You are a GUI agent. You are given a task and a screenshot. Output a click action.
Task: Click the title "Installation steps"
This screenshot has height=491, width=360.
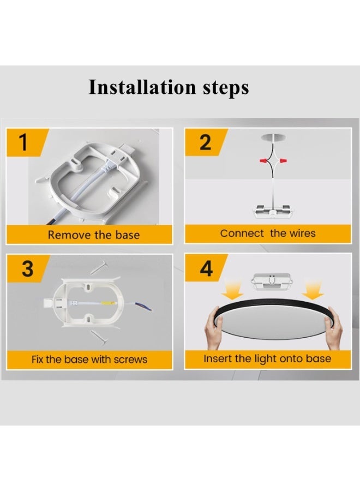[169, 87]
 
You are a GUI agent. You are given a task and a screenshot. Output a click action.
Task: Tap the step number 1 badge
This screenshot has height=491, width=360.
[23, 142]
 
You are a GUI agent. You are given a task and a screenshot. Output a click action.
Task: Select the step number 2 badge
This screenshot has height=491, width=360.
[205, 142]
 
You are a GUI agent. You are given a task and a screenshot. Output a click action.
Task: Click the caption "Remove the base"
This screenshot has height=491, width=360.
[93, 235]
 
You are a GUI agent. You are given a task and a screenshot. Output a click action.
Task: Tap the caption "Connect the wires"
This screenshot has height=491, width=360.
[268, 233]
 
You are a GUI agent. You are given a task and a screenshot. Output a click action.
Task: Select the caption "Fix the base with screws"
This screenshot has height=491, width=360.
[89, 360]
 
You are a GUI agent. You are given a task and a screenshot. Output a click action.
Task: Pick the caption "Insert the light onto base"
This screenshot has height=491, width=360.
[267, 358]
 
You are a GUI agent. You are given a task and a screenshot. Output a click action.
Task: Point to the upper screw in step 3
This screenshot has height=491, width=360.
[99, 267]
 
